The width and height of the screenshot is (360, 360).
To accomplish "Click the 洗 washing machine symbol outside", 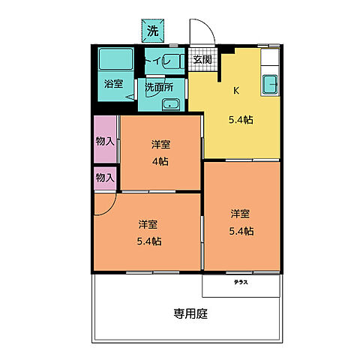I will (x=153, y=31).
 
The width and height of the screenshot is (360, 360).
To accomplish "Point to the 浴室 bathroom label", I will (x=114, y=85).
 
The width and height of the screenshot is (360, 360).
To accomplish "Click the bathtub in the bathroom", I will (x=115, y=60).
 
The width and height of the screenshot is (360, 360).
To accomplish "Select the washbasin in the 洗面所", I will (x=172, y=104).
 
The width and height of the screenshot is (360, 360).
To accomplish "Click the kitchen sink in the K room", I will (x=269, y=84).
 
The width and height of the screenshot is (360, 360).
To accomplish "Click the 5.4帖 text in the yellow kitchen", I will (x=241, y=118).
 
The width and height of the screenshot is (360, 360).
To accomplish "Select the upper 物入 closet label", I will (x=105, y=140).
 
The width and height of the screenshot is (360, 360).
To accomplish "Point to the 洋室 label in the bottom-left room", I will (x=148, y=224).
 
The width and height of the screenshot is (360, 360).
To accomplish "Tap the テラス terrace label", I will (x=241, y=283).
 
